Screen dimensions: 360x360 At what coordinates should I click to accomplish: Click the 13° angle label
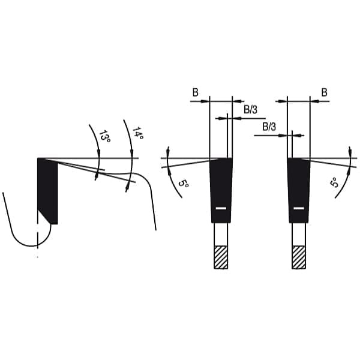point(104,136)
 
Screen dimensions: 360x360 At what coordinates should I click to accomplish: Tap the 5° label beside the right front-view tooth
point(334,182)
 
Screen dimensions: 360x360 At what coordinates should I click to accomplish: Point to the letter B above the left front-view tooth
point(195,92)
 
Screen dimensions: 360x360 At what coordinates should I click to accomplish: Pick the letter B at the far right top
point(324,92)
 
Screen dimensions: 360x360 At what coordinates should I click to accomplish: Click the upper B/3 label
point(250,110)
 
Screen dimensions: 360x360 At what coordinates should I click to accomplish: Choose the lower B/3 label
point(269,127)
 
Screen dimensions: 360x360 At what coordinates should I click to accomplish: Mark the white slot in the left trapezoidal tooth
point(221,208)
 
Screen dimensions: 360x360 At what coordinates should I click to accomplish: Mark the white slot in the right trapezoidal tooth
point(299,208)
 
